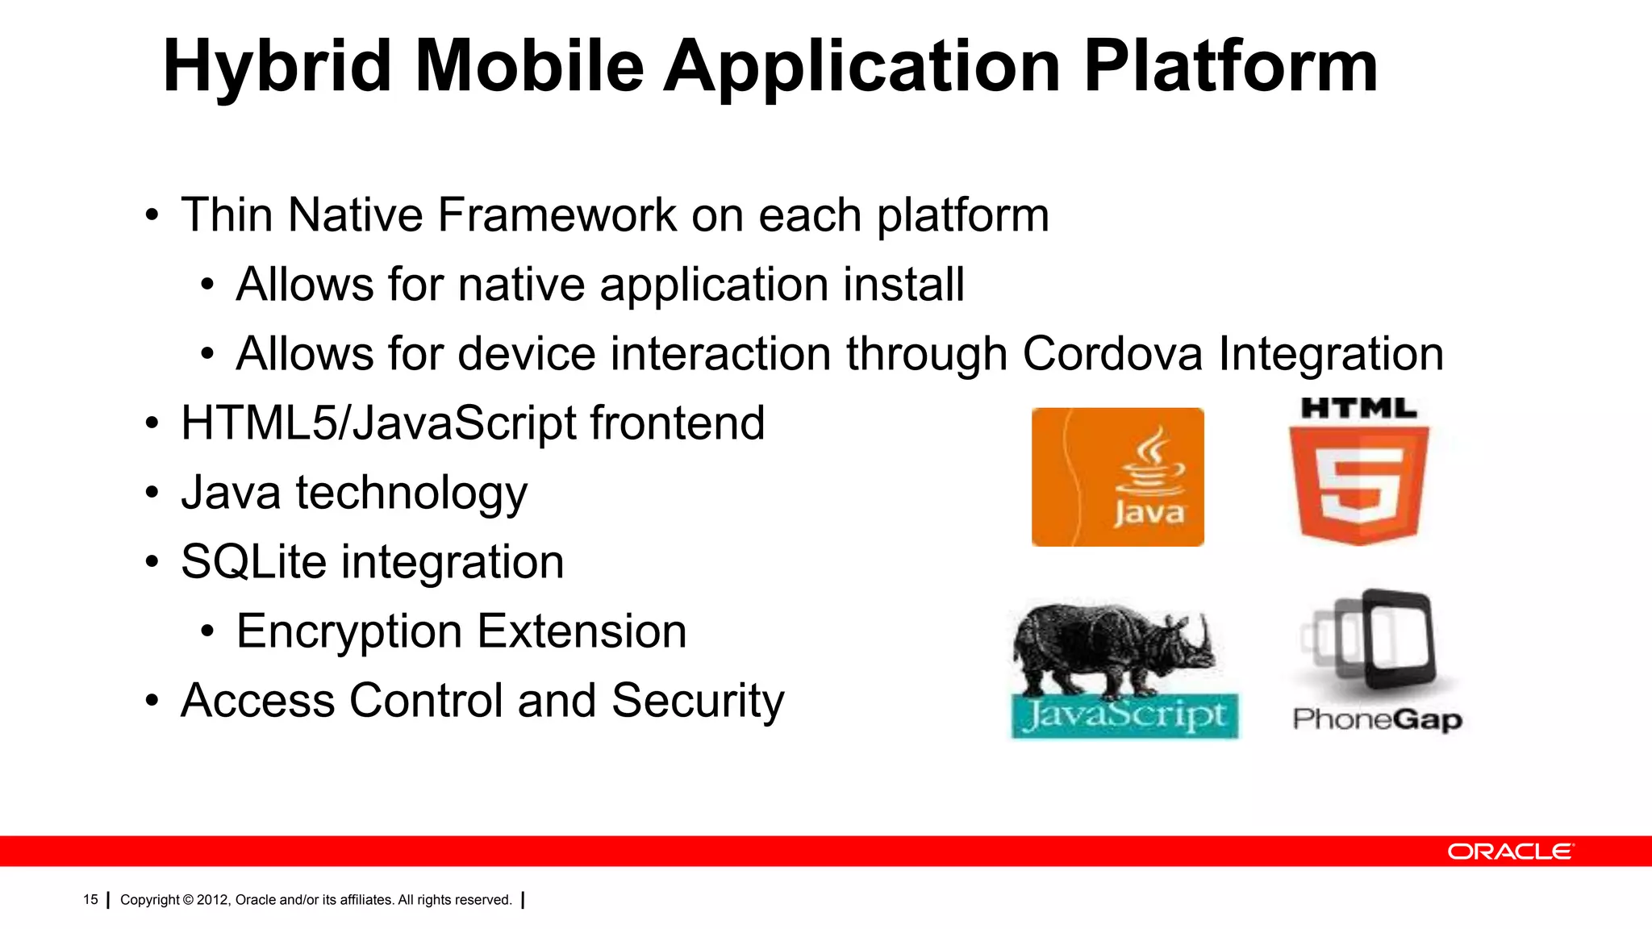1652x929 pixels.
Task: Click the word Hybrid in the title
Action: click(277, 69)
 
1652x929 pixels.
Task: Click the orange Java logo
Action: click(1117, 477)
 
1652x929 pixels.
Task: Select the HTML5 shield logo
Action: click(1358, 484)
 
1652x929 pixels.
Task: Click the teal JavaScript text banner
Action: click(1124, 716)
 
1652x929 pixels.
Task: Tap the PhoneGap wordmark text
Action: click(1377, 719)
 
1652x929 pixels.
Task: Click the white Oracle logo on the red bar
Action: click(1509, 852)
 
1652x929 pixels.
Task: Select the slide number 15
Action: click(90, 900)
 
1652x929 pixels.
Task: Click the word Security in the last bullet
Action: click(697, 701)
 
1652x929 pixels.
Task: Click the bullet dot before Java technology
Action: click(152, 494)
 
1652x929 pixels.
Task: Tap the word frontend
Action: click(677, 423)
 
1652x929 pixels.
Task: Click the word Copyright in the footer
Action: click(150, 900)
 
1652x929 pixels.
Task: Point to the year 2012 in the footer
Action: click(213, 900)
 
